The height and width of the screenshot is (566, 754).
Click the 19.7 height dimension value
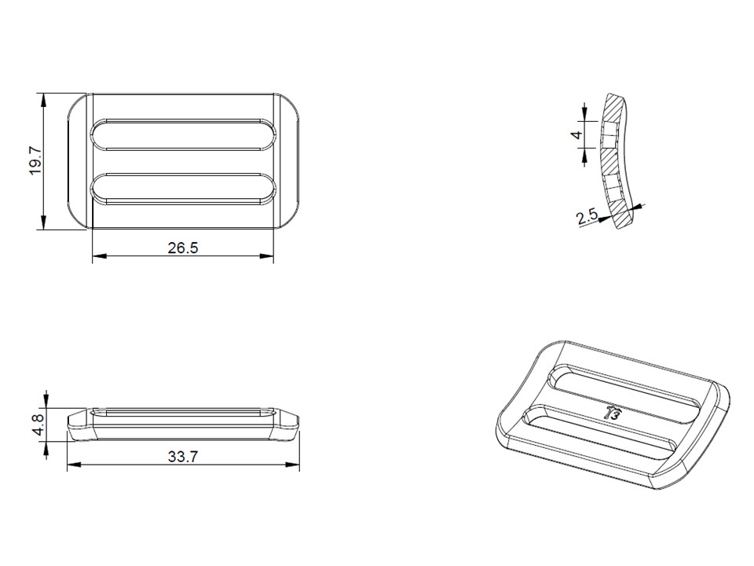coord(35,160)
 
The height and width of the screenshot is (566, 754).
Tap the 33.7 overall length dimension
coord(182,457)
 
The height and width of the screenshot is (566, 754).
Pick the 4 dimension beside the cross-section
coord(577,134)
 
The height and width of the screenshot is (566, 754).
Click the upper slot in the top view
coord(184,135)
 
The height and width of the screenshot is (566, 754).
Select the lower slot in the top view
coord(184,189)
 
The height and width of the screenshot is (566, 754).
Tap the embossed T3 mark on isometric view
coord(613,411)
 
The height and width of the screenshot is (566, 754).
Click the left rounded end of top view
coord(79,161)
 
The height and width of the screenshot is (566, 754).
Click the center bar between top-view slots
coord(184,162)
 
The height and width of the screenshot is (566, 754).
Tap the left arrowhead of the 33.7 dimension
coord(71,465)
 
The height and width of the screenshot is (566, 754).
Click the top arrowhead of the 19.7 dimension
coord(44,97)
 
